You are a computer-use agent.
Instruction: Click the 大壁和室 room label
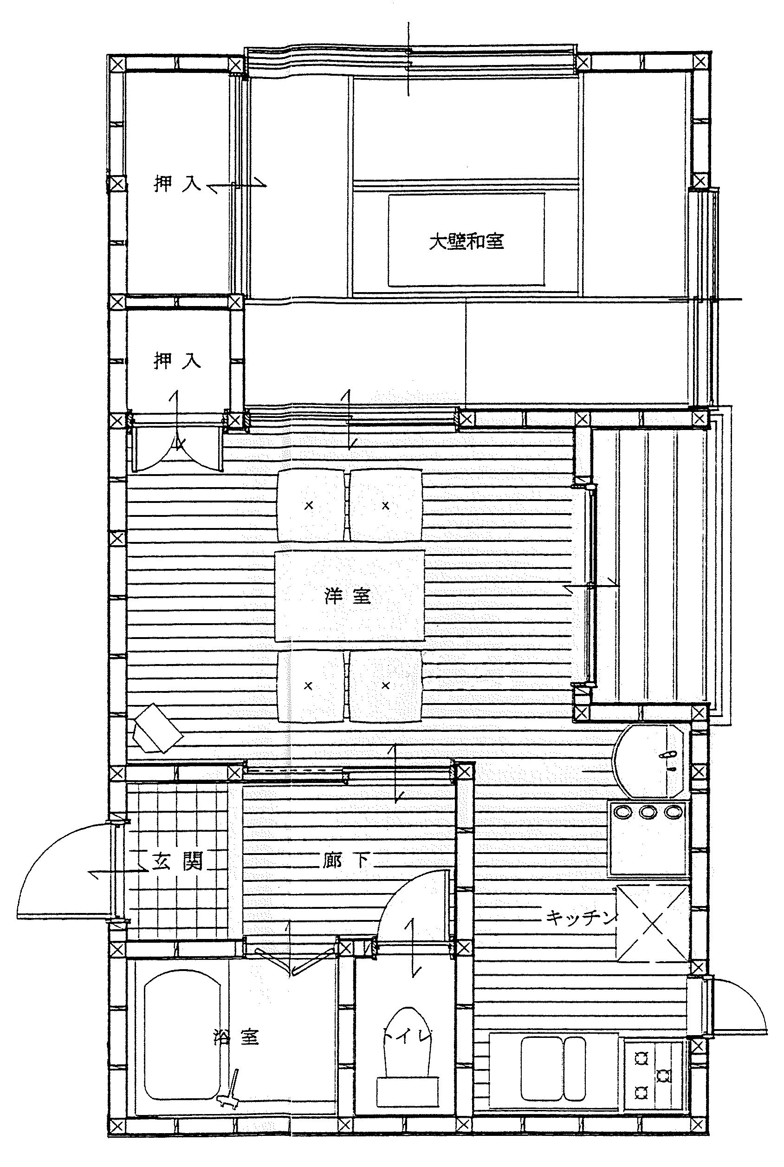click(467, 241)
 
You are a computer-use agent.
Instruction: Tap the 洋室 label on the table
click(348, 596)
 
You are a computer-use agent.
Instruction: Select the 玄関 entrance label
click(177, 861)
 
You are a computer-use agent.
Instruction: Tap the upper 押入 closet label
click(177, 184)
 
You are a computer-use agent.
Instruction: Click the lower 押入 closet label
click(177, 360)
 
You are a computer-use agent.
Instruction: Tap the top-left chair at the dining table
click(311, 505)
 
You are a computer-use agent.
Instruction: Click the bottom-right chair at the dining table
click(385, 686)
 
